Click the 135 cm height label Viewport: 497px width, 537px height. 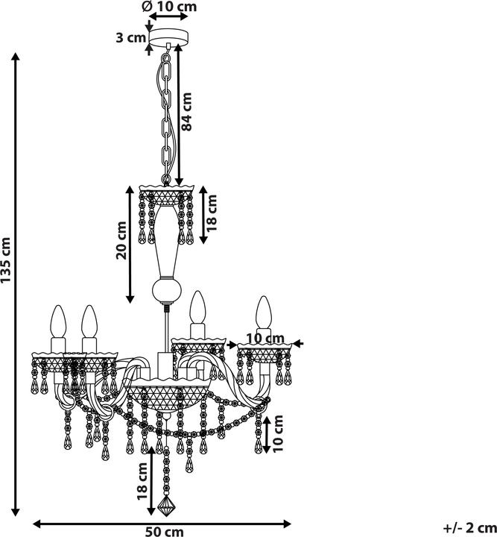pyautogui.click(x=6, y=260)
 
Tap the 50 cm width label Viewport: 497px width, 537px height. pyautogui.click(x=165, y=532)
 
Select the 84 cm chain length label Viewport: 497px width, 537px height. pyautogui.click(x=187, y=112)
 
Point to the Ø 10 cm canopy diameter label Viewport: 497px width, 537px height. pyautogui.click(x=170, y=6)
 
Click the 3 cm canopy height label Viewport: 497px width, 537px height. pyautogui.click(x=131, y=37)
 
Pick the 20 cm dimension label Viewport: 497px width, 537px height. pyautogui.click(x=121, y=240)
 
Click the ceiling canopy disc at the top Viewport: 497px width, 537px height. pyautogui.click(x=168, y=37)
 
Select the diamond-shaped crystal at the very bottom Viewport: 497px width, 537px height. pyautogui.click(x=166, y=506)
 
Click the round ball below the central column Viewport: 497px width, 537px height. pyautogui.click(x=167, y=290)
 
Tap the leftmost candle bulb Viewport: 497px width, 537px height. pyautogui.click(x=58, y=321)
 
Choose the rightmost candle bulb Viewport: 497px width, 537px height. pyautogui.click(x=264, y=312)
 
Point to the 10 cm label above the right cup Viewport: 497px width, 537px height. pyautogui.click(x=265, y=339)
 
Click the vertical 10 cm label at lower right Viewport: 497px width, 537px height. pyautogui.click(x=278, y=433)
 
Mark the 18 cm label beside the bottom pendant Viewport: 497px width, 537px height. pyautogui.click(x=142, y=481)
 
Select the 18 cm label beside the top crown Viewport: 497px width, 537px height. pyautogui.click(x=212, y=213)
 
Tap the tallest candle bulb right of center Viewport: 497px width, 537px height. pyautogui.click(x=198, y=307)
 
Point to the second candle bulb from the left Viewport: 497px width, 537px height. pyautogui.click(x=89, y=321)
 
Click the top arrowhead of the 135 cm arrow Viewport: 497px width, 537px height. pyautogui.click(x=15, y=57)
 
